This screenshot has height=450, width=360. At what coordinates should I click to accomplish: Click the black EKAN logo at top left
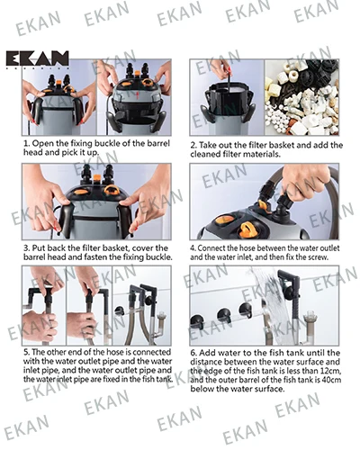point(37,59)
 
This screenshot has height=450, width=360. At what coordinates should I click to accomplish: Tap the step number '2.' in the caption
point(193,146)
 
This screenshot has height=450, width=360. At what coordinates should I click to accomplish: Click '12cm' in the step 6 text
point(331,372)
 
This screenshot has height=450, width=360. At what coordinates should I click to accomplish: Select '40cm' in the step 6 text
point(331,380)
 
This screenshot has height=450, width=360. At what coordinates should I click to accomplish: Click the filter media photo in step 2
point(301,97)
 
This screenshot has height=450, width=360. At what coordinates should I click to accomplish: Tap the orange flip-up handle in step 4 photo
point(247,229)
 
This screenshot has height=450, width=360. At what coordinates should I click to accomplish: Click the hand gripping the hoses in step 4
point(306,182)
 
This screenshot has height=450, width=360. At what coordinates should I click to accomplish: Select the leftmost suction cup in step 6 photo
point(197,322)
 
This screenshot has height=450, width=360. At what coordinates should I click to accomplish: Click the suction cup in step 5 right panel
point(120,311)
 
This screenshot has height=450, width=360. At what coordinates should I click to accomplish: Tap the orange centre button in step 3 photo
point(96,178)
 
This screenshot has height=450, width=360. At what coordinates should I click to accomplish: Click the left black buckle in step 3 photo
point(67,219)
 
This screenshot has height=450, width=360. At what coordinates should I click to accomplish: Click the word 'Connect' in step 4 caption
point(211,248)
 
